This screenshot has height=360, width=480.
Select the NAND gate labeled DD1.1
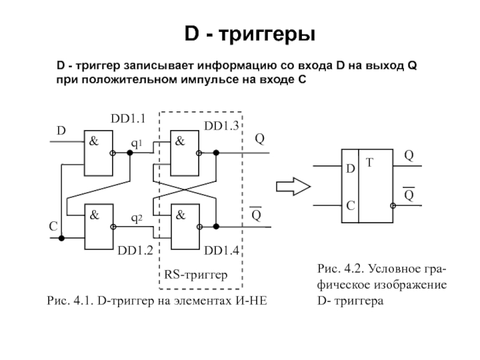pyautogui.click(x=98, y=154)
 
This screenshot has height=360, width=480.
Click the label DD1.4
pyautogui.click(x=222, y=250)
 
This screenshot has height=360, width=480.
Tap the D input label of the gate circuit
pyautogui.click(x=61, y=130)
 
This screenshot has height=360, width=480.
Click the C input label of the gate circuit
pyautogui.click(x=53, y=227)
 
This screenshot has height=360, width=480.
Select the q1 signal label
pyautogui.click(x=137, y=144)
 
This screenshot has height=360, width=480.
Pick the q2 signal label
pyautogui.click(x=137, y=218)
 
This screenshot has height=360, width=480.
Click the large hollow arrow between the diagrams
pyautogui.click(x=293, y=187)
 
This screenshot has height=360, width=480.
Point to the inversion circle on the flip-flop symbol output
pyautogui.click(x=392, y=205)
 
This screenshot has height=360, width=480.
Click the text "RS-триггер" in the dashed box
pyautogui.click(x=196, y=275)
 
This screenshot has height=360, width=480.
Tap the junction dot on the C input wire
pyautogui.click(x=62, y=238)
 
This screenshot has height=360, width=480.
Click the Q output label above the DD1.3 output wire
pyautogui.click(x=260, y=139)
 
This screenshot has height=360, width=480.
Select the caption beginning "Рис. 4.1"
pyautogui.click(x=157, y=299)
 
